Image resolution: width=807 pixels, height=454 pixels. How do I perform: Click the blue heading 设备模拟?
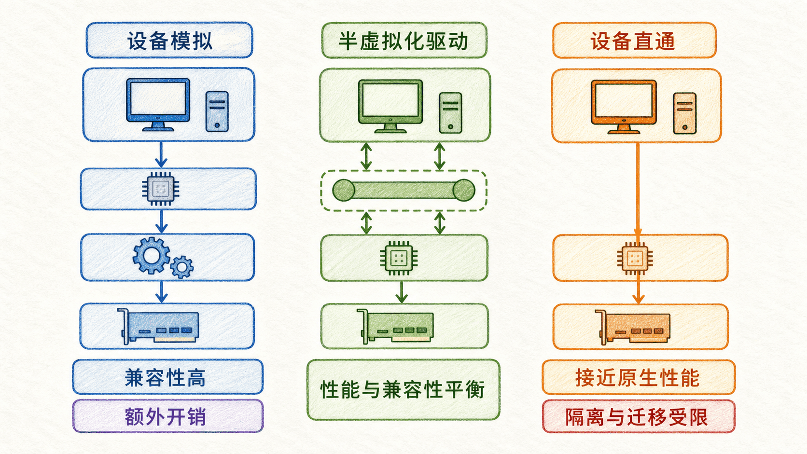(170, 41)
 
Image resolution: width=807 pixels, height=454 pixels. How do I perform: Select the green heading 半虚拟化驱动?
(403, 41)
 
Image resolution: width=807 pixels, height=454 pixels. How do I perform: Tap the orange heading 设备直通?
(633, 41)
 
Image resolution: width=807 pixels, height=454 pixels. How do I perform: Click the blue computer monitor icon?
(158, 105)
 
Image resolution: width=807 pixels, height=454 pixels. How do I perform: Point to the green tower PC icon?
(450, 113)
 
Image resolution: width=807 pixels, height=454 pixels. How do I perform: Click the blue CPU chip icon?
(161, 189)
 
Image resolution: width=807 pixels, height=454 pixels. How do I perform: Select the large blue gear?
(151, 255)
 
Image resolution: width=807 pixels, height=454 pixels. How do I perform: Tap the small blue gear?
(181, 267)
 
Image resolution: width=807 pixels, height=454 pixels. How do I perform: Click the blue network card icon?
(158, 326)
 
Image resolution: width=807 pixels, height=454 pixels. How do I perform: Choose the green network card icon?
(395, 326)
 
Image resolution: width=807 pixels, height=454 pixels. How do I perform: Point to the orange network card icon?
(633, 327)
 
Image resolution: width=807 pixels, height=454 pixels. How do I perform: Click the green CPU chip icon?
(399, 258)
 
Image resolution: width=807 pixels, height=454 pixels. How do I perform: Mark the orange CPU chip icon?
(635, 258)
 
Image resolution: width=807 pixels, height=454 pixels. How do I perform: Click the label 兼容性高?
(166, 378)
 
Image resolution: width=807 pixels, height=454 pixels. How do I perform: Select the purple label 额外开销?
(166, 416)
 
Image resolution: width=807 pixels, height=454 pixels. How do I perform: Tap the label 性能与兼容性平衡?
(403, 389)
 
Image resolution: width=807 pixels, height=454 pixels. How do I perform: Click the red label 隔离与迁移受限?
(636, 417)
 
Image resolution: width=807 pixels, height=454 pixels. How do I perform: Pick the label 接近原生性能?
(637, 378)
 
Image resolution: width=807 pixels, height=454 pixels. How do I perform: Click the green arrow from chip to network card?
(402, 292)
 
